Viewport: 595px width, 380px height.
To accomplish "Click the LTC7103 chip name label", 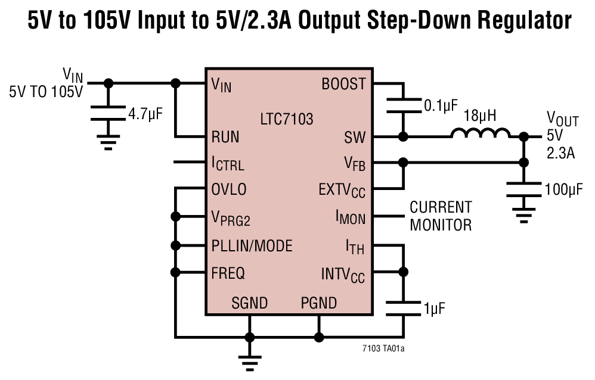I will pos(286,119).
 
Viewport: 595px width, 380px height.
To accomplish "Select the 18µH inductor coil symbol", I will pos(481,135).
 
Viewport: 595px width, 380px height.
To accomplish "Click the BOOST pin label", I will pos(343,85).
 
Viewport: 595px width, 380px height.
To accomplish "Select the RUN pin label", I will pos(225,137).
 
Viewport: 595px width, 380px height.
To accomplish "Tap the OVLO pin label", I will pos(229,190).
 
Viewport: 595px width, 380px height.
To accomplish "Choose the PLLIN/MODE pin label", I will pos(252,245).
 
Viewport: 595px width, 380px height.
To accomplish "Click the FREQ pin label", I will pos(228,273).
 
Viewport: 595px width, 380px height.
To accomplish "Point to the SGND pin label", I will pos(249,303).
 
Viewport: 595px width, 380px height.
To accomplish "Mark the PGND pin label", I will pos(318,303).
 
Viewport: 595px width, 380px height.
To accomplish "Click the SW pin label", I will pos(354,137).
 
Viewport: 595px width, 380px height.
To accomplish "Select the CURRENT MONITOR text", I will pos(440,216).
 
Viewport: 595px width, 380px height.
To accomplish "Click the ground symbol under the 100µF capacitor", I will pos(524,216).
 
